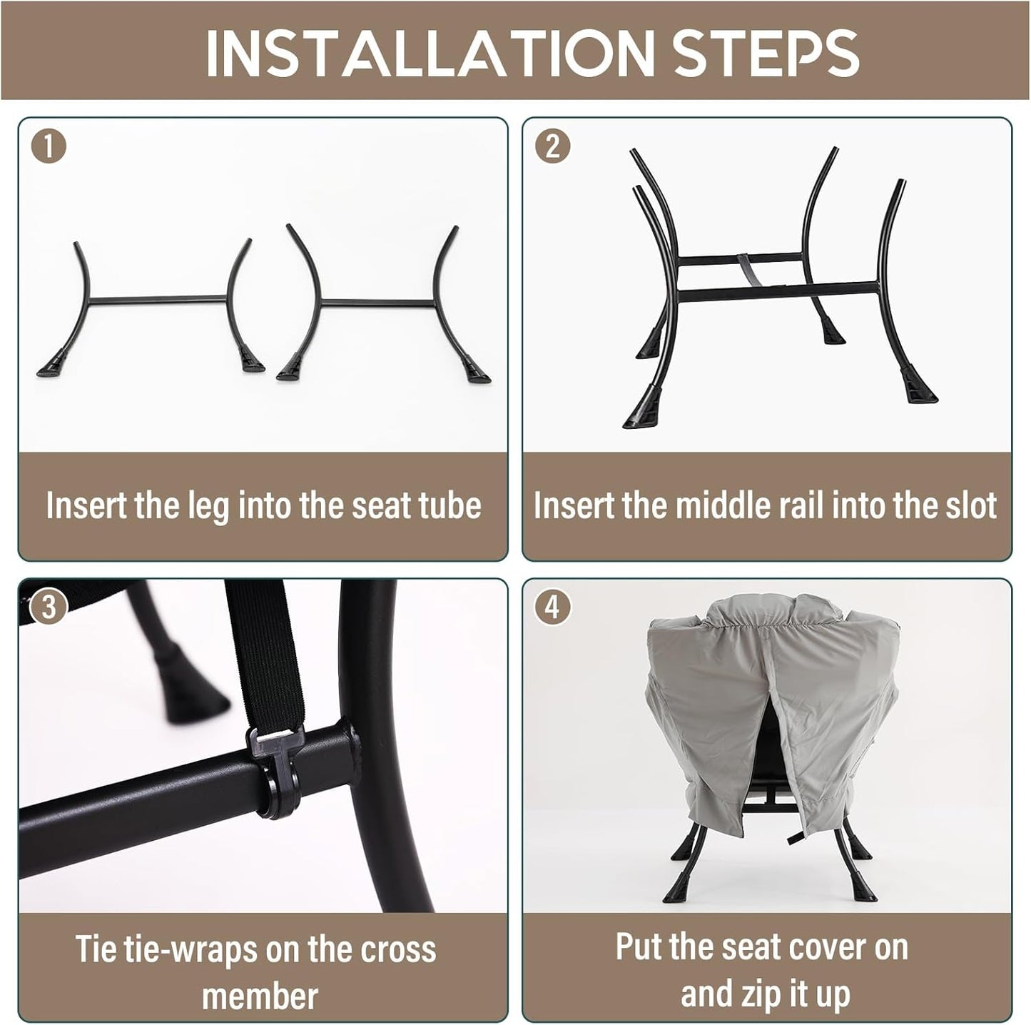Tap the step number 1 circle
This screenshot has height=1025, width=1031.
49,146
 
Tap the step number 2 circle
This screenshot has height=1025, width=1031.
553,146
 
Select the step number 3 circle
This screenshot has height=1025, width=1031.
49,607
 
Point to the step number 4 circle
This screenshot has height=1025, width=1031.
553,607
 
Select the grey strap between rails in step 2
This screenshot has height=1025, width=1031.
746,271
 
